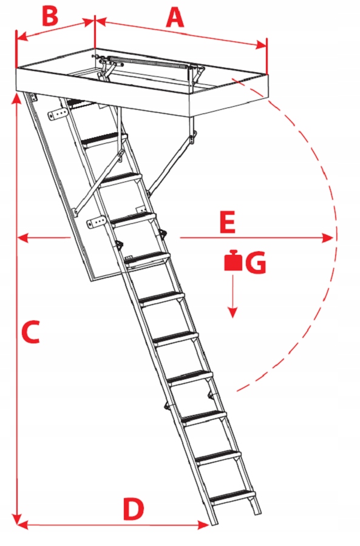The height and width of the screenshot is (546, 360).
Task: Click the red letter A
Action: [x=175, y=18]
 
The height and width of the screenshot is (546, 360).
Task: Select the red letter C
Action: [x=30, y=332]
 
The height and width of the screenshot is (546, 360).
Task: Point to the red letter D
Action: [x=133, y=509]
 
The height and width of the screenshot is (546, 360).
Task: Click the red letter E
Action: [x=228, y=222]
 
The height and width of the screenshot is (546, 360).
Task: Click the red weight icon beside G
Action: [x=233, y=260]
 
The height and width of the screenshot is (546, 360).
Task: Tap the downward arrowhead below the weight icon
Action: [x=233, y=312]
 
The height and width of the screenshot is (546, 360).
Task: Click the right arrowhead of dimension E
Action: [x=328, y=238]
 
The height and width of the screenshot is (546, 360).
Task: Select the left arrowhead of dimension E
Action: [x=23, y=238]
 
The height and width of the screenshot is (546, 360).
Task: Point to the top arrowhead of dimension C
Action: [x=16, y=98]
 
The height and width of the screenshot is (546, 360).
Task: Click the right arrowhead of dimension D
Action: [x=203, y=524]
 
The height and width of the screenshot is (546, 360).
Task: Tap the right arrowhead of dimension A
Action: [x=262, y=45]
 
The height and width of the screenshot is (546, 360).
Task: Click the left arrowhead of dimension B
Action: [x=22, y=36]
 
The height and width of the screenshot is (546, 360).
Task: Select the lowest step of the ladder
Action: [x=233, y=496]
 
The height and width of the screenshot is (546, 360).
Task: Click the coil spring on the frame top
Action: [x=150, y=62]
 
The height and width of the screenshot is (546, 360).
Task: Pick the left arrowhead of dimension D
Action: [x=22, y=524]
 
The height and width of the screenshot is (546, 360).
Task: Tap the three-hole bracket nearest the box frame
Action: [x=58, y=115]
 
